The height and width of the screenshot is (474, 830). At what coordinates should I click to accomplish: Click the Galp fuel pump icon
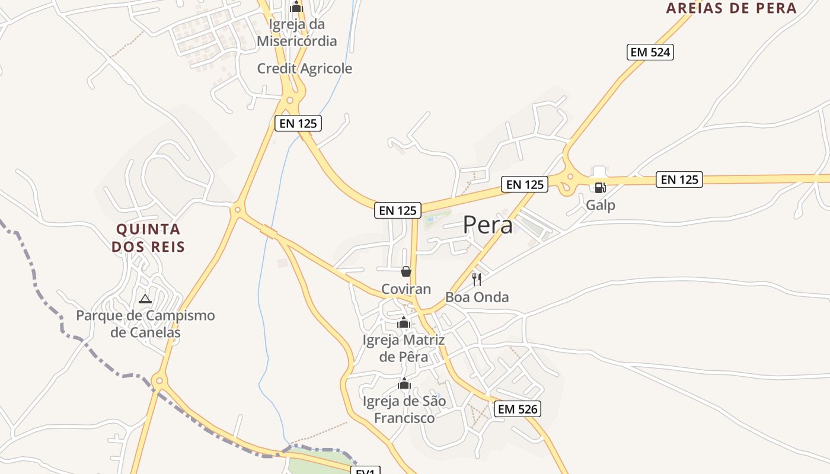[600, 188]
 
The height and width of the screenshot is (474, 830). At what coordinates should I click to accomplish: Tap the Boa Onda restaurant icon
[477, 280]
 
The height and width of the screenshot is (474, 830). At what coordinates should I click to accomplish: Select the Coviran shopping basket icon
[406, 271]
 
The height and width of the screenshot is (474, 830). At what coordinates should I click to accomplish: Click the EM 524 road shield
[650, 52]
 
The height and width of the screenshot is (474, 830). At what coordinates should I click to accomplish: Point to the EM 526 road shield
[518, 409]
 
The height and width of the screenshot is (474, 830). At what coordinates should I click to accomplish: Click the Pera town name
[487, 225]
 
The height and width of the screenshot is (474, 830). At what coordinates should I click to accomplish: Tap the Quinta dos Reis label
[148, 238]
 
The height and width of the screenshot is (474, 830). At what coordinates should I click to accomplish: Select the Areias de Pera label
[731, 8]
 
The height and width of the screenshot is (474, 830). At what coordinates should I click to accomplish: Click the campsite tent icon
[145, 299]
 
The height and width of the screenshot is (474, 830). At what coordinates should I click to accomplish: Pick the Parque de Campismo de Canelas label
[145, 324]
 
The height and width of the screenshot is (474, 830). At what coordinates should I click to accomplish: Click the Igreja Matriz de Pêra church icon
[404, 322]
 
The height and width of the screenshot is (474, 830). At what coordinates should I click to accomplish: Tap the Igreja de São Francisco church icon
[404, 383]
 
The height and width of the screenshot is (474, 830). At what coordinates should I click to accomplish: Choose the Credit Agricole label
[304, 69]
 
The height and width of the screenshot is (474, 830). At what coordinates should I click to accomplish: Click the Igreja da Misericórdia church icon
[296, 7]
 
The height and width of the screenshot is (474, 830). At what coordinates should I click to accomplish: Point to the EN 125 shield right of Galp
[679, 179]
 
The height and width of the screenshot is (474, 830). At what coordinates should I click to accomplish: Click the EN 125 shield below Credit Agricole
[298, 123]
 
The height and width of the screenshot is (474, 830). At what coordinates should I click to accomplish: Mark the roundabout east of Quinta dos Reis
[238, 209]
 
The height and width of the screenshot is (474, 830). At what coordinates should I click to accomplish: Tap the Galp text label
[601, 205]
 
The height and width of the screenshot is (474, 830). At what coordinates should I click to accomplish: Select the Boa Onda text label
[477, 297]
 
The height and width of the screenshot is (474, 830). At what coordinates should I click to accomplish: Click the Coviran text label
[406, 289]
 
